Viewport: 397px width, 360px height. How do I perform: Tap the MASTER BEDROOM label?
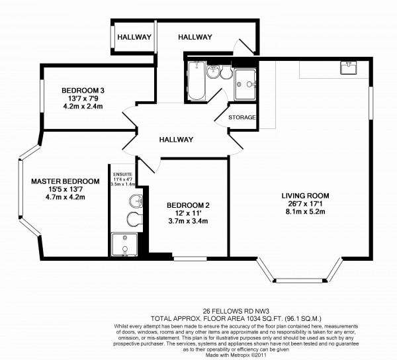(x=65, y=181)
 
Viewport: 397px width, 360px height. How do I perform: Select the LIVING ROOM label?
(x=305, y=195)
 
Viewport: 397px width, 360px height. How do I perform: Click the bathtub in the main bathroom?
(x=197, y=75)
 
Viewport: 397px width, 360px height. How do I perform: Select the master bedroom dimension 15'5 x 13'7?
(x=65, y=189)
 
